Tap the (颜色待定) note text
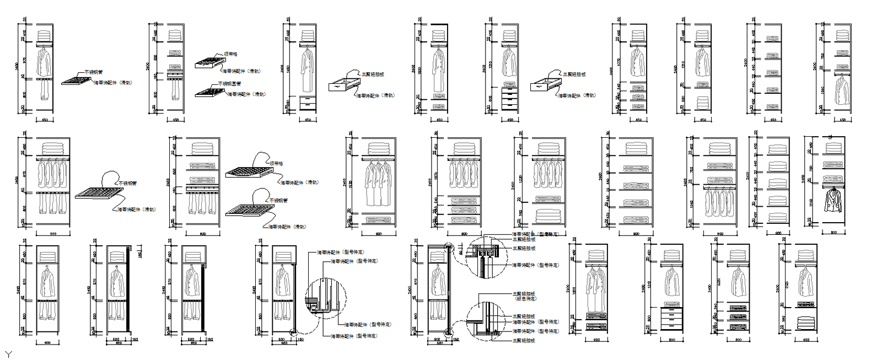[x=525, y=299]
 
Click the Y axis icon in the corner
[x=8, y=353]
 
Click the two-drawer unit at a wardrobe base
[x=308, y=103]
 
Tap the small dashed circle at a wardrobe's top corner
[x=449, y=249]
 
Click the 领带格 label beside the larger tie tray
[x=277, y=164]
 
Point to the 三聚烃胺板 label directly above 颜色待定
[x=524, y=294]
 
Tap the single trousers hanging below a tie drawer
[x=175, y=89]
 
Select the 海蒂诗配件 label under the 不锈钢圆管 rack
[x=246, y=94]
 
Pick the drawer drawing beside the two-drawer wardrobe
[x=342, y=84]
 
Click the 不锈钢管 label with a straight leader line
[x=93, y=72]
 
